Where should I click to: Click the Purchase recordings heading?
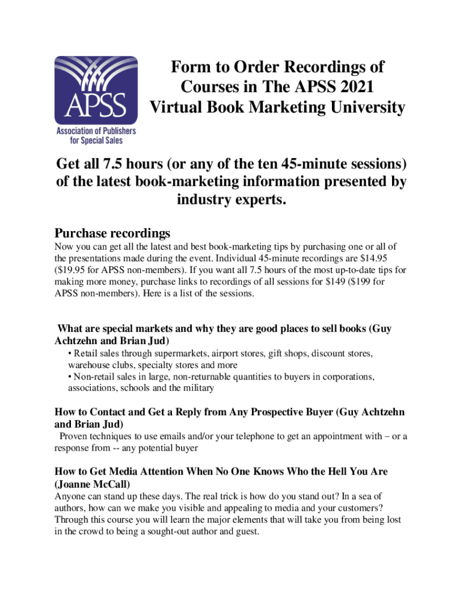[112, 233]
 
